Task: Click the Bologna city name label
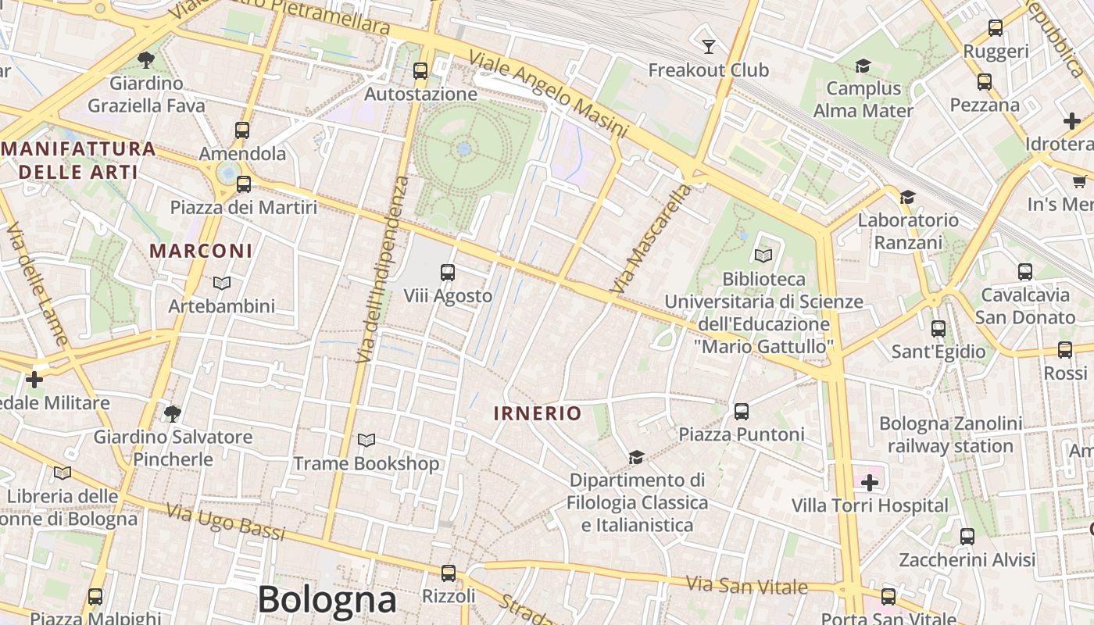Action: pyautogui.click(x=327, y=600)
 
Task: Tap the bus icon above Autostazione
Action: pyautogui.click(x=420, y=71)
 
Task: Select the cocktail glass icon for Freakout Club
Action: pyautogui.click(x=709, y=46)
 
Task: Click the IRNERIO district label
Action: pyautogui.click(x=538, y=413)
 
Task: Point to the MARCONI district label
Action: pyautogui.click(x=201, y=251)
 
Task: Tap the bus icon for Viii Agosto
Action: pyautogui.click(x=448, y=273)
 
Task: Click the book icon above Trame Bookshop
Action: pyautogui.click(x=366, y=441)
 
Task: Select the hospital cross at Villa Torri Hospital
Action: pyautogui.click(x=870, y=483)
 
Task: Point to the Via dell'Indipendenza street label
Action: pyautogui.click(x=382, y=270)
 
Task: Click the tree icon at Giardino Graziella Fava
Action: pyautogui.click(x=145, y=59)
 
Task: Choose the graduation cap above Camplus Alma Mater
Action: pyautogui.click(x=863, y=66)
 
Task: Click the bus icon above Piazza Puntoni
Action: pyautogui.click(x=742, y=411)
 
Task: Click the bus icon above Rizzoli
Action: pyautogui.click(x=448, y=573)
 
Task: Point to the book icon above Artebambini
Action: pyautogui.click(x=222, y=283)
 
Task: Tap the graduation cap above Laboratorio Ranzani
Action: pyautogui.click(x=907, y=197)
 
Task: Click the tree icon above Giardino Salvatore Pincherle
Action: pyautogui.click(x=173, y=413)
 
